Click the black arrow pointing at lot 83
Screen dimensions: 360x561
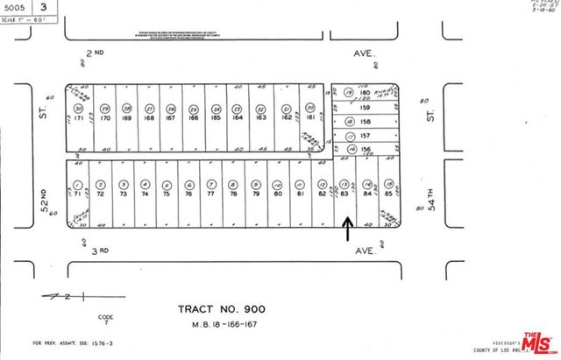(347, 229)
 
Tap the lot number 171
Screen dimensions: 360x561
(79, 116)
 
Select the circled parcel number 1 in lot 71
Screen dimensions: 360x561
(79, 185)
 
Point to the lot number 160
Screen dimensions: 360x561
(366, 93)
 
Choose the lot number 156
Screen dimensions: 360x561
(366, 150)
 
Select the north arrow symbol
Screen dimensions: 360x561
(67, 298)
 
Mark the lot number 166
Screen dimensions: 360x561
(193, 116)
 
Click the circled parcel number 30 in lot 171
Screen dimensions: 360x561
(79, 108)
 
